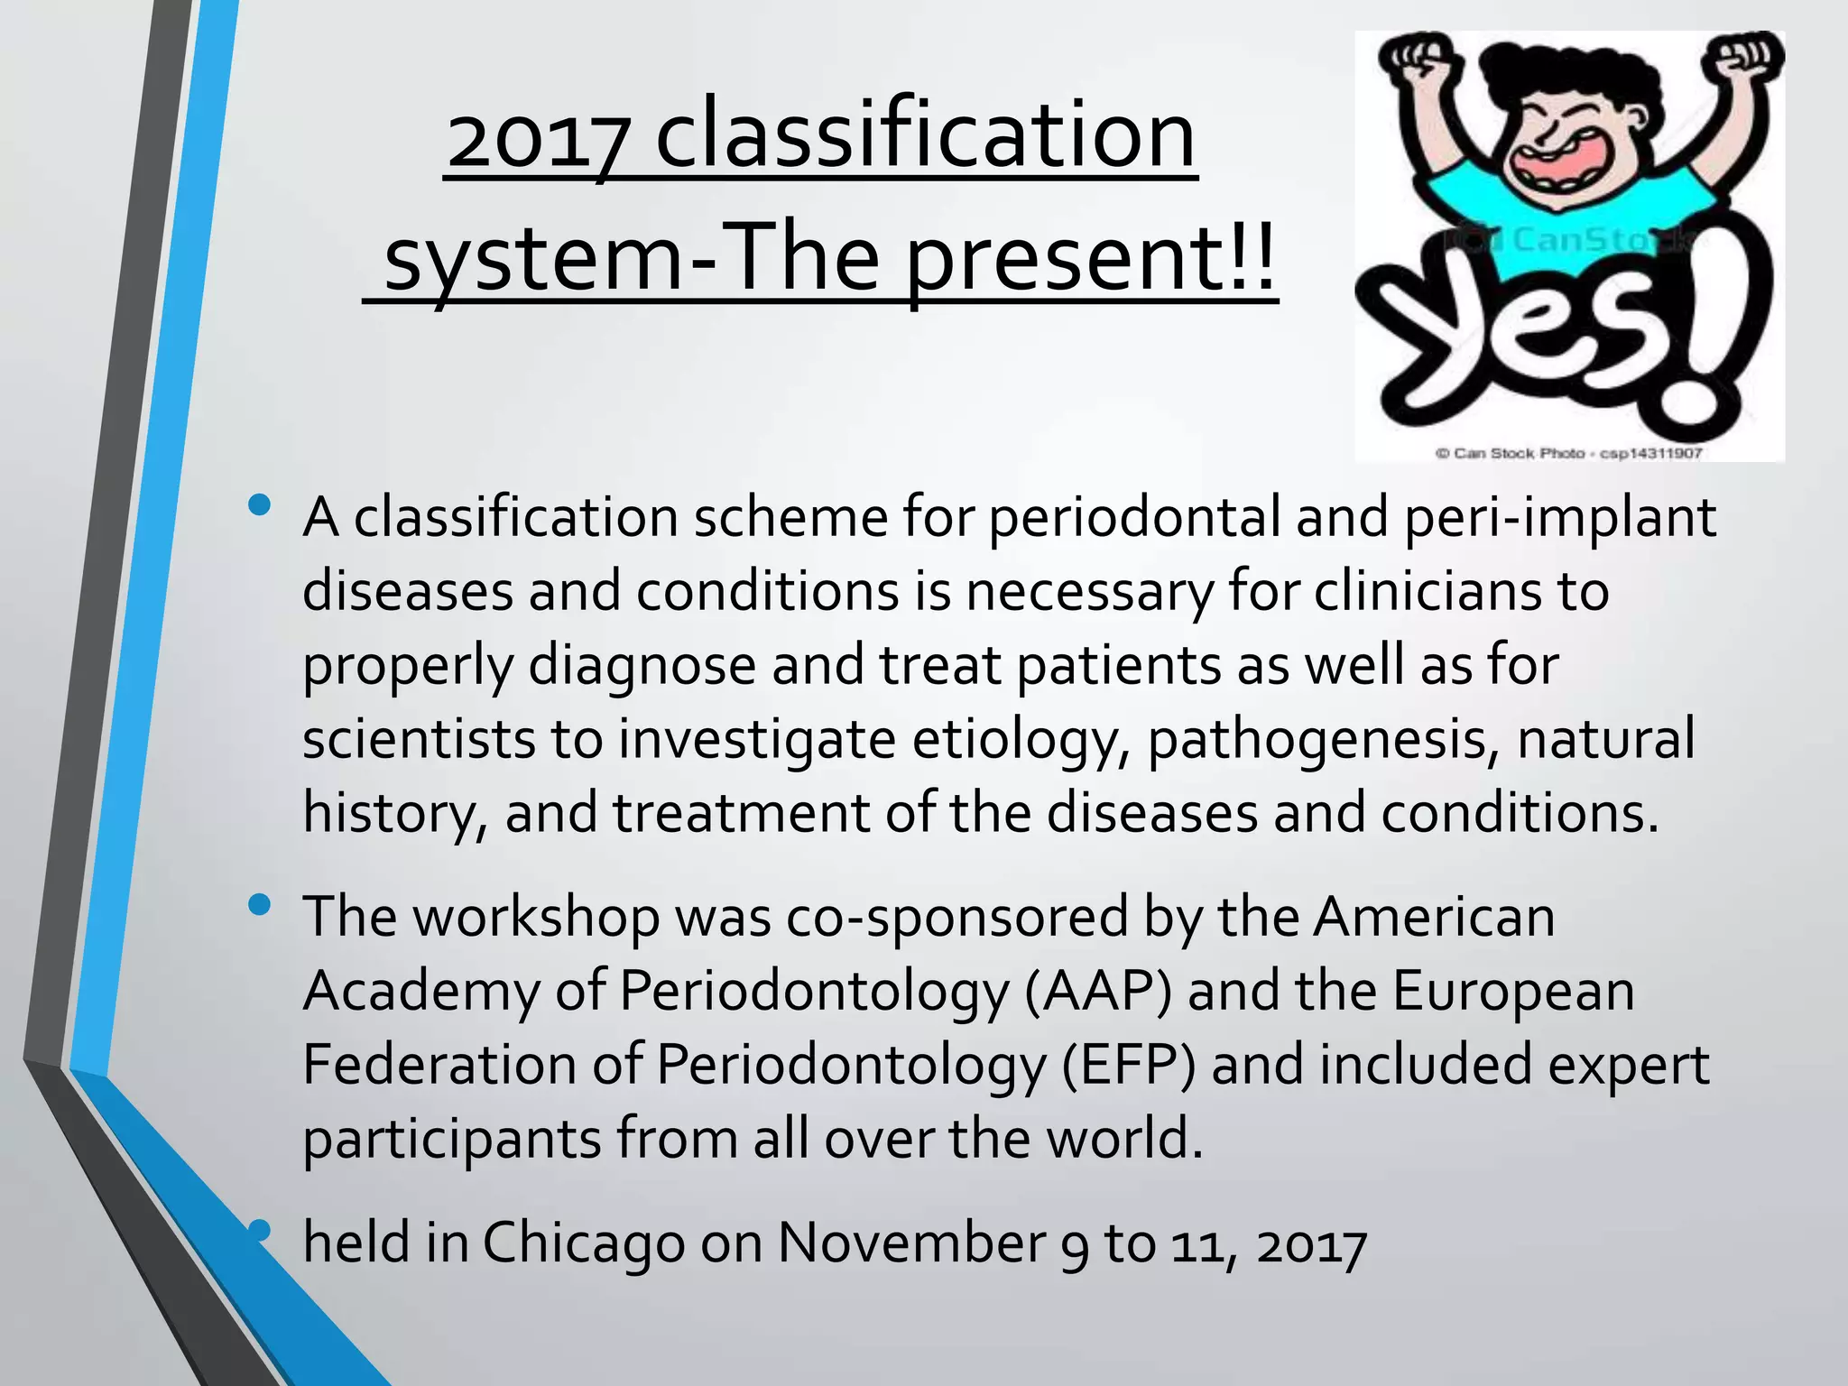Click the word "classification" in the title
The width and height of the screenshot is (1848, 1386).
pos(925,135)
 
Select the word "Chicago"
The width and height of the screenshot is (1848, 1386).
pos(584,1243)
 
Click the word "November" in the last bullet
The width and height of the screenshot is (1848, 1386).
pos(910,1243)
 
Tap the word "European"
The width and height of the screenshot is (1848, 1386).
pos(1513,992)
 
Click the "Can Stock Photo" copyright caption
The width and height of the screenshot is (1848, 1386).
pos(1568,453)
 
